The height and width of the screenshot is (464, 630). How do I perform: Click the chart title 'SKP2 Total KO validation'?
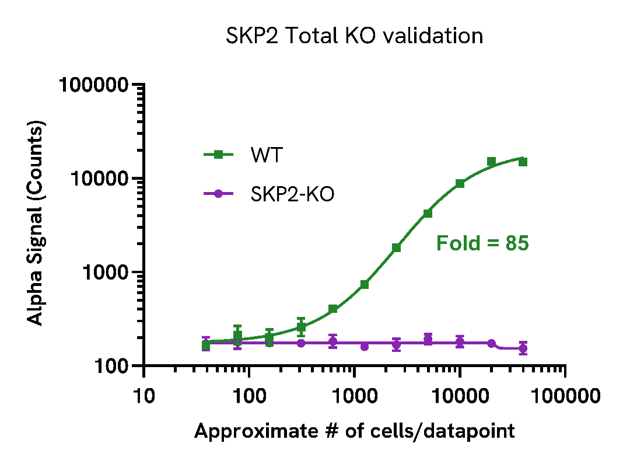354,36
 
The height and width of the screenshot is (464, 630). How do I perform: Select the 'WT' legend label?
267,155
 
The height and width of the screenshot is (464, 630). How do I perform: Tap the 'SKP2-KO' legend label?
292,194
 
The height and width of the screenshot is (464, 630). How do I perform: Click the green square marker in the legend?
218,155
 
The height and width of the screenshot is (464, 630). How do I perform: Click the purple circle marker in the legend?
218,194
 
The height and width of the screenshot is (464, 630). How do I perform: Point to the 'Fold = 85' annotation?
482,243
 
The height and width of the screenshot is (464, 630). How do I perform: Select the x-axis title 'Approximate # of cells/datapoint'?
354,431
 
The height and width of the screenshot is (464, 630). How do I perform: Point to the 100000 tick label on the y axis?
93,86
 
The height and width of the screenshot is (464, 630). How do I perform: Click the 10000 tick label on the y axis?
99,179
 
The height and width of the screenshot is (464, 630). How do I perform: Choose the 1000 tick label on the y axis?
104,273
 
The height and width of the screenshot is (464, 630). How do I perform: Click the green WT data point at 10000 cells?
460,183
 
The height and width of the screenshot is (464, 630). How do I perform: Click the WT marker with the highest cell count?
523,162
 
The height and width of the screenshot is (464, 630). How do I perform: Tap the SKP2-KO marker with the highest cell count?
523,348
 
